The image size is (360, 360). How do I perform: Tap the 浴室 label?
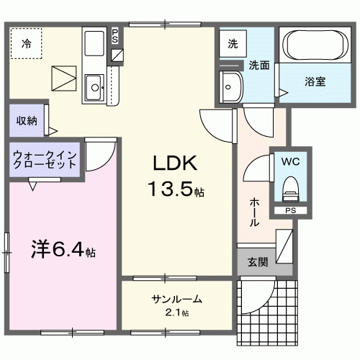(314, 81)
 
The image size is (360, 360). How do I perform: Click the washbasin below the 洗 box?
(231, 88)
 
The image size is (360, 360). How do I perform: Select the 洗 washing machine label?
(233, 43)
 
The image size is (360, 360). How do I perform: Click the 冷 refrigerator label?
(26, 44)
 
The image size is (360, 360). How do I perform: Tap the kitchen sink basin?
(94, 89)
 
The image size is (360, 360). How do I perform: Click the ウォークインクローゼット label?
(45, 159)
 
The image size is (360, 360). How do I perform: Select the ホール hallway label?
(254, 213)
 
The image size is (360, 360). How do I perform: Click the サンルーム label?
(176, 300)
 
